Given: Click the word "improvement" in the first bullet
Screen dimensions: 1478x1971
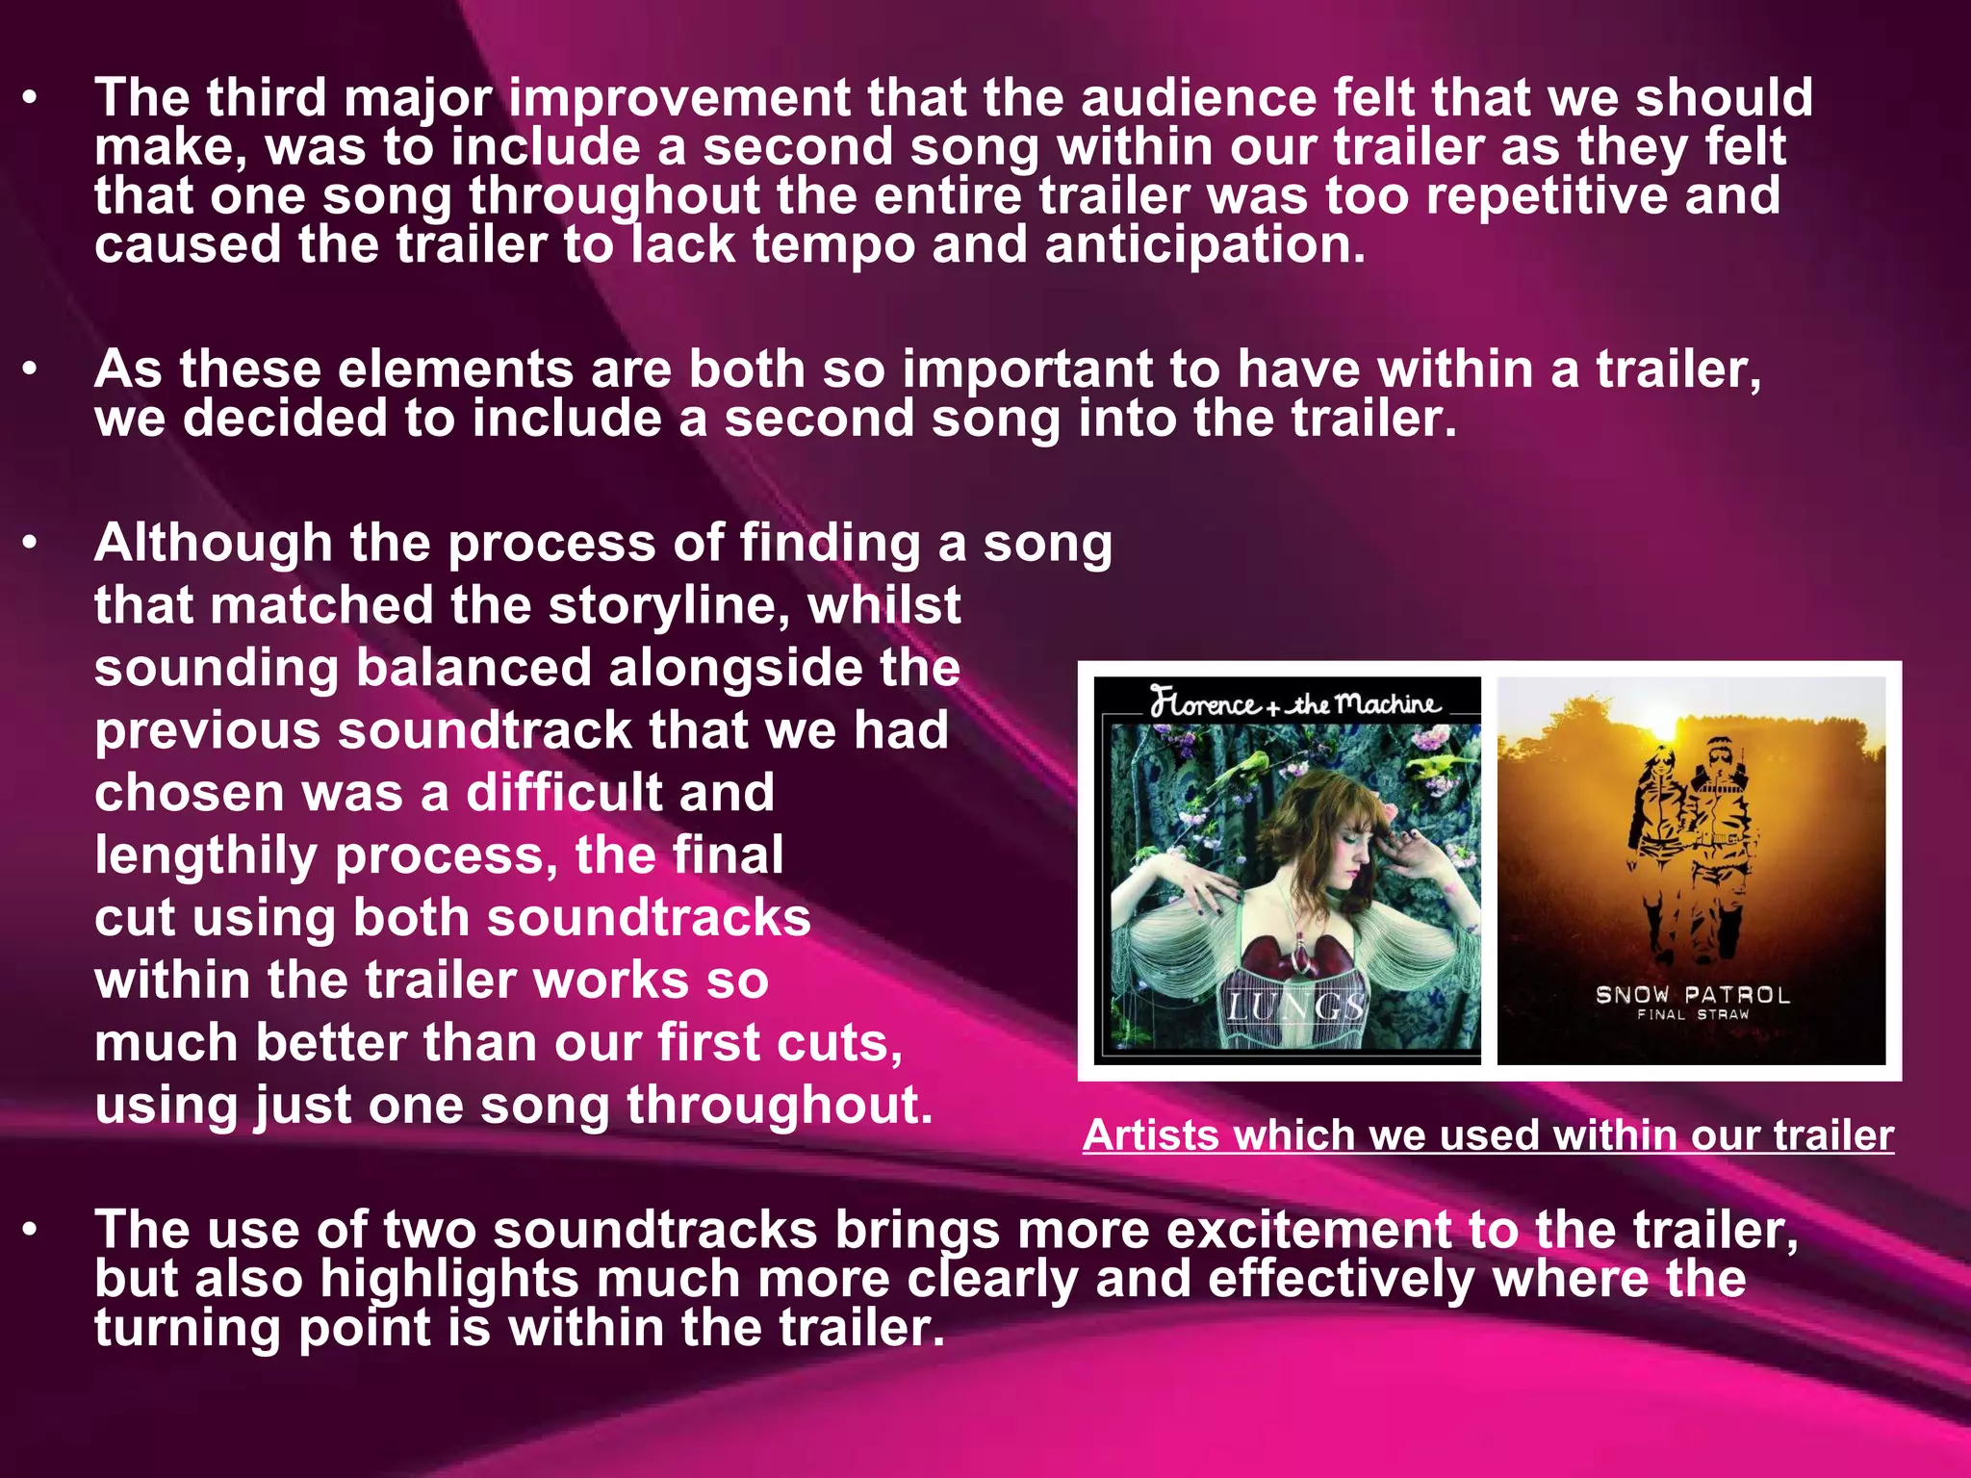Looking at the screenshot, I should point(679,99).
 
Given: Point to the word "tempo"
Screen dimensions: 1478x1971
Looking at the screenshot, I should point(833,245).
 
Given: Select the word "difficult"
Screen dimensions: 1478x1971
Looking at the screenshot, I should point(620,793).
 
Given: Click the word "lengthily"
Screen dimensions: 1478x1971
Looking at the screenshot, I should point(206,855).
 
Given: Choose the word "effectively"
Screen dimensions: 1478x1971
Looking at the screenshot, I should point(1341,1280).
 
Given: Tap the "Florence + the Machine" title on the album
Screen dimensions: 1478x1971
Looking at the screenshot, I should point(1294,703).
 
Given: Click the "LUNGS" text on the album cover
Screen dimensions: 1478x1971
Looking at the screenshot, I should point(1295,1007).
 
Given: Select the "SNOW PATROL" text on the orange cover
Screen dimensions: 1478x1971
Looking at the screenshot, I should point(1693,995).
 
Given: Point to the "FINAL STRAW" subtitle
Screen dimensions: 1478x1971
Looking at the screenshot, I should point(1693,1015).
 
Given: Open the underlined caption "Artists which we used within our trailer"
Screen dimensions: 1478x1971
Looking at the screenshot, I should point(1488,1136).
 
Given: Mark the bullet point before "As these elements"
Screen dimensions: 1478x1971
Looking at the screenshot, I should point(31,370).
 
